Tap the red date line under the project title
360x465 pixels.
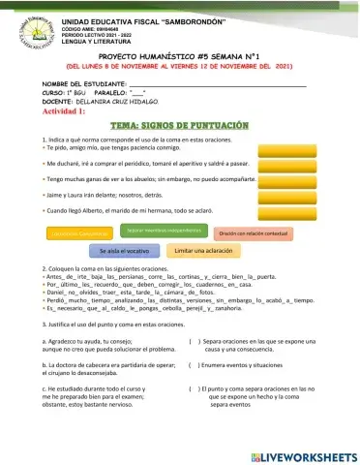(179, 67)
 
